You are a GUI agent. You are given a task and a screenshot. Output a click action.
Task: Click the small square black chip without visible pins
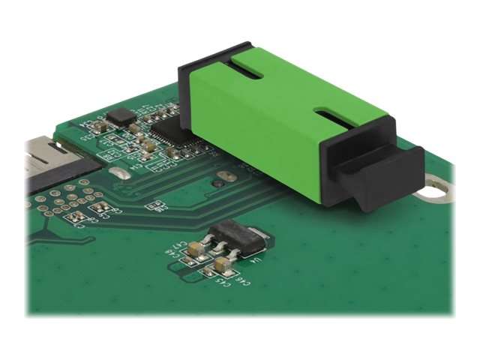coord(118,115)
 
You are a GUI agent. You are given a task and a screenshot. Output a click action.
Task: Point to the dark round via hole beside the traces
coord(217,182)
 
